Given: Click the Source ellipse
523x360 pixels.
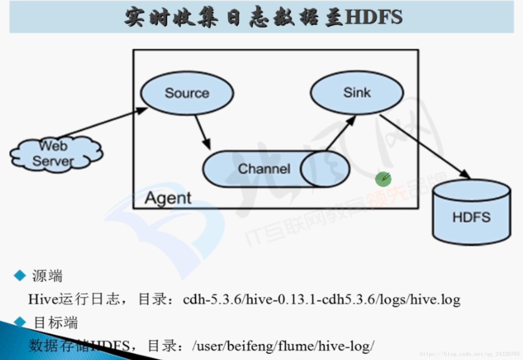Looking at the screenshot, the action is tap(187, 93).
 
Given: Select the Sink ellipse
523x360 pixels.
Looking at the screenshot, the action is tap(357, 92).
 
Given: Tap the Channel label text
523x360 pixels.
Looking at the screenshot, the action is tap(264, 169).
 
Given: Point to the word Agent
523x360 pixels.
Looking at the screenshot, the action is tap(168, 198).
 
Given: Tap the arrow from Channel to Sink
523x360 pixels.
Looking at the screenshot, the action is tap(340, 134).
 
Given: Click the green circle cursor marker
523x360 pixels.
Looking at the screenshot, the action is tap(383, 179).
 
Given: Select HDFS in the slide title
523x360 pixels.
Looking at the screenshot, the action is tap(374, 17).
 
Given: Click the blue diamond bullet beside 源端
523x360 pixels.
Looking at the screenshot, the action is tap(20, 275).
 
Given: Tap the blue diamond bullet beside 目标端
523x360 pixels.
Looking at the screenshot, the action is tap(20, 322).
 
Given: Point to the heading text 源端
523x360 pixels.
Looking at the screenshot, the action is tap(47, 276).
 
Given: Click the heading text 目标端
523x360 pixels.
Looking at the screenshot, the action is tap(56, 323).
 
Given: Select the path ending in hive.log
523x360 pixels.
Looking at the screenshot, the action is tap(322, 300).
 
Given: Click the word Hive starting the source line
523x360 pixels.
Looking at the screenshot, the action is tap(43, 300).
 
